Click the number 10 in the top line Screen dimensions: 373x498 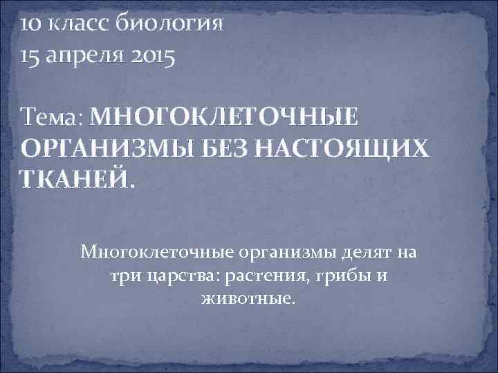click(31, 24)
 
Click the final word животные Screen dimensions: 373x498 click(248, 299)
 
